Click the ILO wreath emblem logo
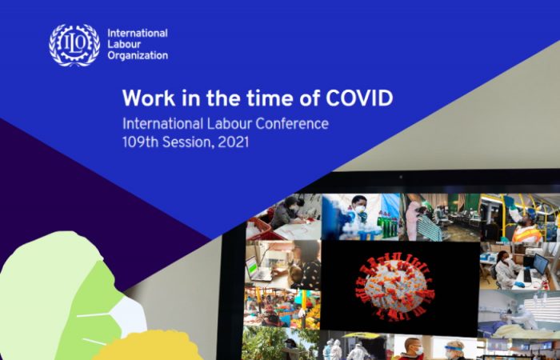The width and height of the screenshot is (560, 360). (x=74, y=45)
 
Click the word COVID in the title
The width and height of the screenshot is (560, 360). (x=359, y=98)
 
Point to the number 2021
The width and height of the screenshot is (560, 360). (x=233, y=142)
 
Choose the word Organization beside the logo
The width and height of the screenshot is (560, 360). (x=138, y=56)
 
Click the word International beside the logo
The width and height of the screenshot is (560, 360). (x=138, y=34)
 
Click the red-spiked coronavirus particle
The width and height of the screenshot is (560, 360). (x=394, y=286)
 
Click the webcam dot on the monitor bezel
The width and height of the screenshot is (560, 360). (x=400, y=177)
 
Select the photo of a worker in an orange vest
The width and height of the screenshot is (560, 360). (x=520, y=217)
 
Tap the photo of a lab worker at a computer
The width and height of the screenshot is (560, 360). (x=520, y=266)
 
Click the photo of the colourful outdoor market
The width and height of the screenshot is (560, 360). (x=282, y=308)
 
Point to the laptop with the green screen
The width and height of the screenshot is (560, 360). (x=257, y=269)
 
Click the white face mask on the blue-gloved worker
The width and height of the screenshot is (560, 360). (x=360, y=209)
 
